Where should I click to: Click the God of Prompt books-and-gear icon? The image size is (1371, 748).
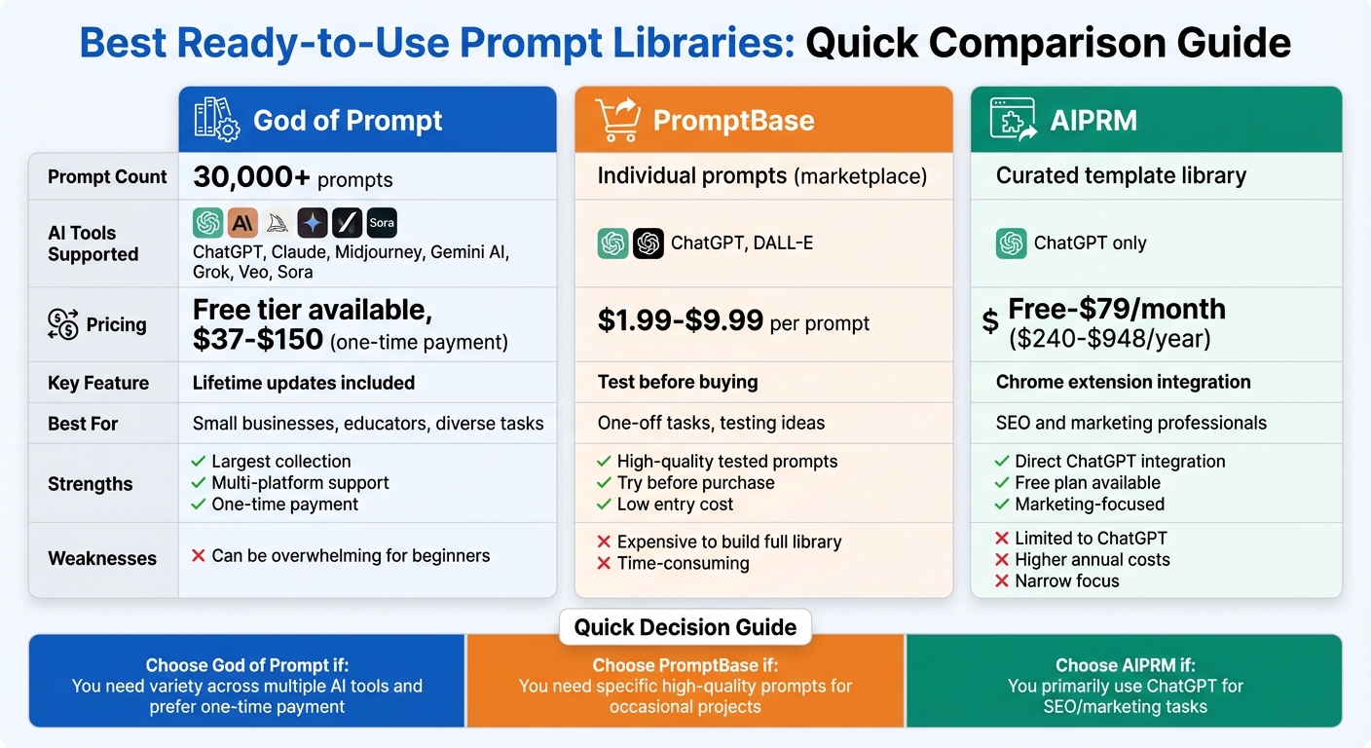click(x=216, y=119)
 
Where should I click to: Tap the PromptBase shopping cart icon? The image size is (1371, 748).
click(x=616, y=120)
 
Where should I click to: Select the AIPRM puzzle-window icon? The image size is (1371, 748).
click(x=1013, y=120)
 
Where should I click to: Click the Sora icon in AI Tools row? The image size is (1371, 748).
click(x=382, y=223)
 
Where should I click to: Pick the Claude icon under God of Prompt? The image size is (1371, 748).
click(x=242, y=223)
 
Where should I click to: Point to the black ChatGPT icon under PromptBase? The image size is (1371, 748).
click(x=648, y=243)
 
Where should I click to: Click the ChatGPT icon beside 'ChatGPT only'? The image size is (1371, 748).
click(x=1012, y=243)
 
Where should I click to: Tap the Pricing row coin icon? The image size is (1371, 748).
click(x=62, y=324)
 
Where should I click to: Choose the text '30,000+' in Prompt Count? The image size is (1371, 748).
click(x=251, y=176)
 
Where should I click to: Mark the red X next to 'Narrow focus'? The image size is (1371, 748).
click(x=1002, y=581)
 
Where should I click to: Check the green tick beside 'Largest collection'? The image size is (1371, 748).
click(x=199, y=462)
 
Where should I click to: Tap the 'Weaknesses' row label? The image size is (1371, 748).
click(x=102, y=558)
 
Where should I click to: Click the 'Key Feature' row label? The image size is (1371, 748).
click(x=98, y=383)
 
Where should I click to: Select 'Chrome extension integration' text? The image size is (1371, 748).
click(x=1123, y=382)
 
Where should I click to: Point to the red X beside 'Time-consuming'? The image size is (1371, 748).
click(x=604, y=564)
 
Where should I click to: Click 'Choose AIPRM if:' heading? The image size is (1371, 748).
click(x=1125, y=666)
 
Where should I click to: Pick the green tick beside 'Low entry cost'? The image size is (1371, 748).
click(x=604, y=505)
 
